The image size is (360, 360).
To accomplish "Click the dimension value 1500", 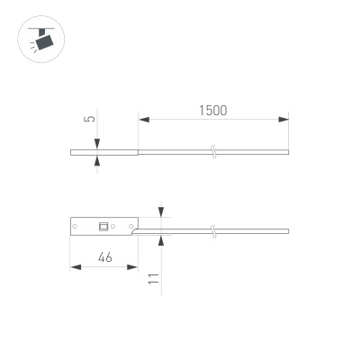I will pyautogui.click(x=212, y=110).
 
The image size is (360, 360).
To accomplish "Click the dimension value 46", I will pyautogui.click(x=104, y=257).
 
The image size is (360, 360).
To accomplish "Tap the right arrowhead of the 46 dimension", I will pyautogui.click(x=135, y=266).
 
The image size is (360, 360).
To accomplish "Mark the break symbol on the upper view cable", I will pyautogui.click(x=213, y=151).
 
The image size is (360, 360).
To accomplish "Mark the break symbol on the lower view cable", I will pyautogui.click(x=213, y=232).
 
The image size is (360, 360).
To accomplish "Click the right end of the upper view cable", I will pyautogui.click(x=288, y=151).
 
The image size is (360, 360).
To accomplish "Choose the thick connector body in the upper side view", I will pyautogui.click(x=103, y=151).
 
